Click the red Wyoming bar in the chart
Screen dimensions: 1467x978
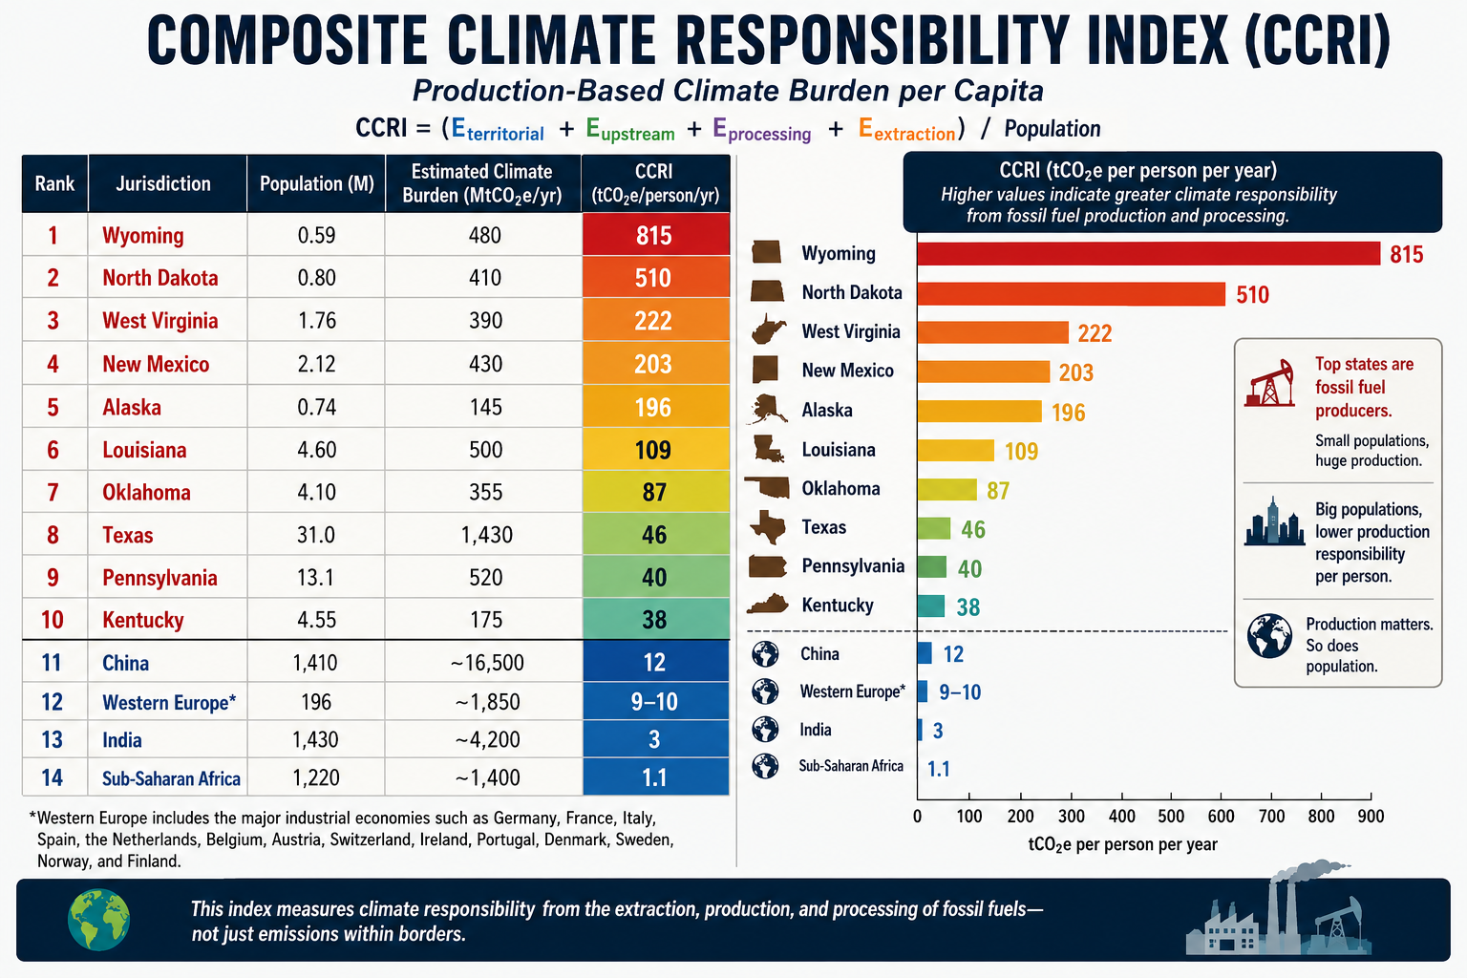point(1149,253)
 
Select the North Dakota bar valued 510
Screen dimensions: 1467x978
point(1072,294)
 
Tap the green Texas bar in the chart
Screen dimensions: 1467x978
point(934,528)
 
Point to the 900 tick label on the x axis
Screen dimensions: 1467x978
point(1371,817)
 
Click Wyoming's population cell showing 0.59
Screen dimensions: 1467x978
point(316,235)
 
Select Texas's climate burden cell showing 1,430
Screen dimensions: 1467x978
point(486,535)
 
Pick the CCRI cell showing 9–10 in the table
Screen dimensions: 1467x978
point(654,702)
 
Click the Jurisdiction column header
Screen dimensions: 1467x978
point(163,183)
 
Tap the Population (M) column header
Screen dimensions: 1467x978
point(317,183)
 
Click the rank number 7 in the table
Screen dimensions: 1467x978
point(53,493)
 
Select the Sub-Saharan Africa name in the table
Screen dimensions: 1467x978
point(172,778)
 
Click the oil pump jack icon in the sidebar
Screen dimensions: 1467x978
point(1270,383)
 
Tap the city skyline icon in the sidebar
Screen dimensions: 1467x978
point(1274,521)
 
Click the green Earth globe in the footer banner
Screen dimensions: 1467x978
point(99,920)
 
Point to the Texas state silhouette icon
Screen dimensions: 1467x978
point(768,526)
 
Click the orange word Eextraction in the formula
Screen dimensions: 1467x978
point(907,129)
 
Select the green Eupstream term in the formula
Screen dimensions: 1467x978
point(630,129)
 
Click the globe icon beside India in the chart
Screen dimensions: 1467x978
point(765,729)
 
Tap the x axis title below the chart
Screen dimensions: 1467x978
point(1122,844)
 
